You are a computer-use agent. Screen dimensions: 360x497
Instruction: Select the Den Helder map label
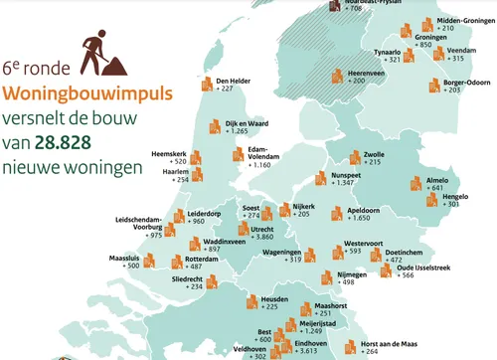click(233, 80)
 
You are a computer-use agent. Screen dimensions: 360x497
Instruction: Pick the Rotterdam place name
click(204, 257)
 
